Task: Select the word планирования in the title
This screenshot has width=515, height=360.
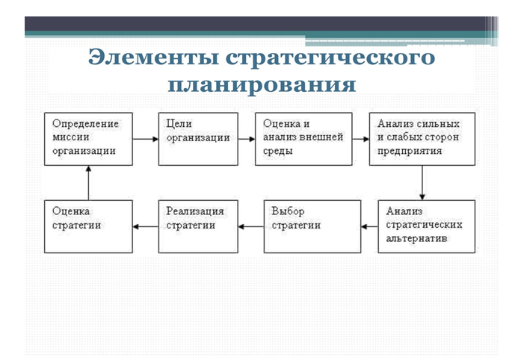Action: pos(262,83)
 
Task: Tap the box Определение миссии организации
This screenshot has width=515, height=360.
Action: pos(88,138)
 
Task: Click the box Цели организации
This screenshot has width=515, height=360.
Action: pos(198,138)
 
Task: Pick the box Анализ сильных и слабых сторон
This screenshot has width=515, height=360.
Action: pos(422,138)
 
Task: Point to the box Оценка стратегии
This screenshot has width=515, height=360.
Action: pos(88,226)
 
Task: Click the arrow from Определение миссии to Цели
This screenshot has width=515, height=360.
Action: pos(145,139)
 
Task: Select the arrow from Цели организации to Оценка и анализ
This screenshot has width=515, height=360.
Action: pos(247,139)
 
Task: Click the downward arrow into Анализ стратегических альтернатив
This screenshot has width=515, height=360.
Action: pos(423,182)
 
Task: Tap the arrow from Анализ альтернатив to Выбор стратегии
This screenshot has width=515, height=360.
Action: pos(369,226)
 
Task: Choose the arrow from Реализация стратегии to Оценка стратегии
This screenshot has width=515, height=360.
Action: pos(145,226)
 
